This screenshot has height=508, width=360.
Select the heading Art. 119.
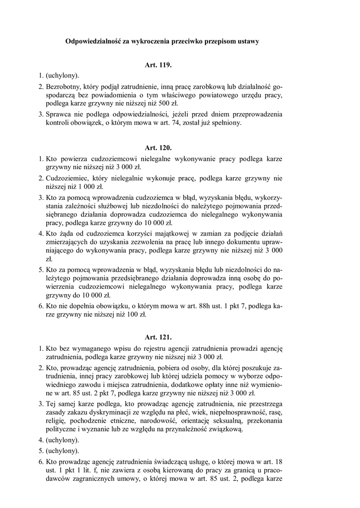point(158,65)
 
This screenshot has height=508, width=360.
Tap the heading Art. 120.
point(158,148)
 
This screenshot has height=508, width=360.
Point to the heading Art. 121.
point(158,337)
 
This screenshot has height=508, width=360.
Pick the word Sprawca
point(59,114)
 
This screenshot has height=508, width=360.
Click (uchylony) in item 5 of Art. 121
point(63,450)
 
